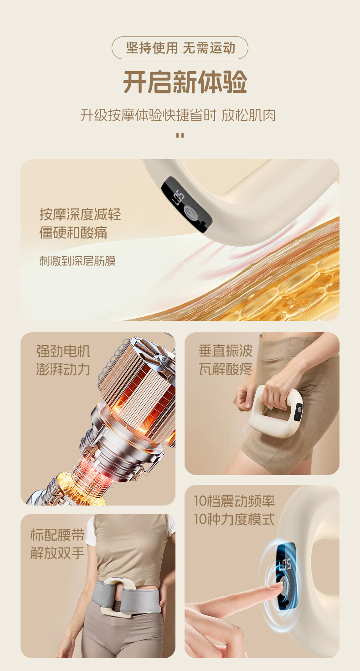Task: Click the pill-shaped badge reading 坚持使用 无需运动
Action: tap(180, 48)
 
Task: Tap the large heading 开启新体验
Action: tap(185, 82)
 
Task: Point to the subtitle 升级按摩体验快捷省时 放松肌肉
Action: tap(178, 115)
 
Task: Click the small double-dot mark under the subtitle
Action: tap(180, 135)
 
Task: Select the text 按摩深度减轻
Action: tap(80, 215)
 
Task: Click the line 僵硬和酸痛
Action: tap(73, 233)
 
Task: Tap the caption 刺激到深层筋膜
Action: tap(77, 261)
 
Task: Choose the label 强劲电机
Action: tap(63, 351)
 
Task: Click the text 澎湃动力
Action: tap(63, 369)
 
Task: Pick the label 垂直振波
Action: tap(226, 351)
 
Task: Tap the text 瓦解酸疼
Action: tap(226, 368)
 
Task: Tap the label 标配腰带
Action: tap(57, 535)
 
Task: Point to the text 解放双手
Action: tap(57, 553)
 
